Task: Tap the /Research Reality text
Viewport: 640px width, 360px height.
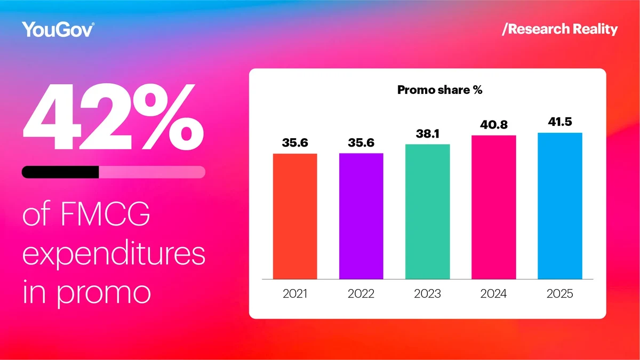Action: tap(559, 29)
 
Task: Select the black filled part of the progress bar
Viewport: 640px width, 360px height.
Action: tap(60, 172)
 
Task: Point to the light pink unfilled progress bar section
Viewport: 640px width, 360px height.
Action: tap(152, 172)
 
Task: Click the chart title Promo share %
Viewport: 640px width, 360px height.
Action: tap(440, 90)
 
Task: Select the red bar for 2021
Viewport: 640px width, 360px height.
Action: tap(295, 216)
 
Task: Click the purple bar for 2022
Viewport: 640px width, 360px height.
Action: tap(361, 216)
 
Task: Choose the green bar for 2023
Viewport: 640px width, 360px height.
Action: tap(427, 212)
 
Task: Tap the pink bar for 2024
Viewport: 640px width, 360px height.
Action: tap(493, 207)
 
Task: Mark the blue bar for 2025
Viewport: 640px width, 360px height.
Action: tap(559, 206)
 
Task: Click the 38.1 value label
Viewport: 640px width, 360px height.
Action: tap(427, 133)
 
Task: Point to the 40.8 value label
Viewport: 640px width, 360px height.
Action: tap(493, 125)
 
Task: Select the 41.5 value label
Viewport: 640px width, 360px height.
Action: tap(559, 122)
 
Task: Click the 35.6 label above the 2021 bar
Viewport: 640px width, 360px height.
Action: tap(295, 142)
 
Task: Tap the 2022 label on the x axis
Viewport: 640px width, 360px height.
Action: tap(361, 293)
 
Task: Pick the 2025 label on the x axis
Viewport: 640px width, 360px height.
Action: tap(559, 293)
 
